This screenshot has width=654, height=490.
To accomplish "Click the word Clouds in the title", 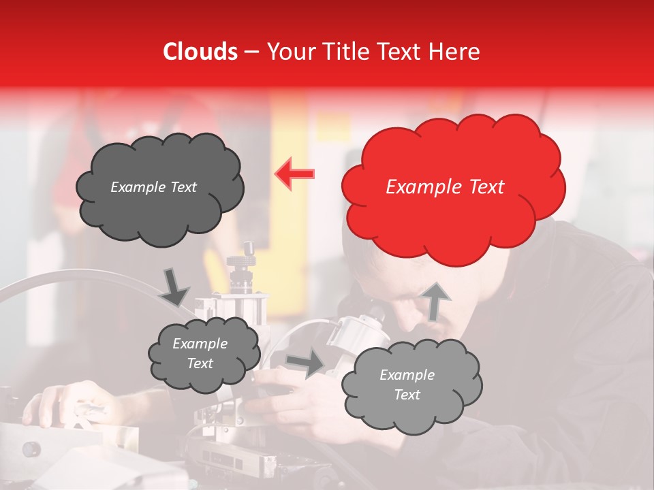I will (200, 52).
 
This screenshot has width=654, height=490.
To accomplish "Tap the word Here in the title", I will (455, 52).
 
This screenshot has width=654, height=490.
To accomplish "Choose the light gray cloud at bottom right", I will (411, 385).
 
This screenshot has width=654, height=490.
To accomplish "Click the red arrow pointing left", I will (294, 174).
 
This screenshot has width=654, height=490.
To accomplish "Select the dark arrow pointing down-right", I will (174, 287).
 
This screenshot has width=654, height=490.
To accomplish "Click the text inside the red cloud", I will (445, 187).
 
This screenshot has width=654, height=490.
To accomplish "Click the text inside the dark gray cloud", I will (153, 187).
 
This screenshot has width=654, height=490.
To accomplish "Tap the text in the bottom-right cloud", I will (407, 385).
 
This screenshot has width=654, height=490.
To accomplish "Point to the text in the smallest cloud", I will (200, 353).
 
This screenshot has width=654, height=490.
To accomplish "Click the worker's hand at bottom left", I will (68, 402).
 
